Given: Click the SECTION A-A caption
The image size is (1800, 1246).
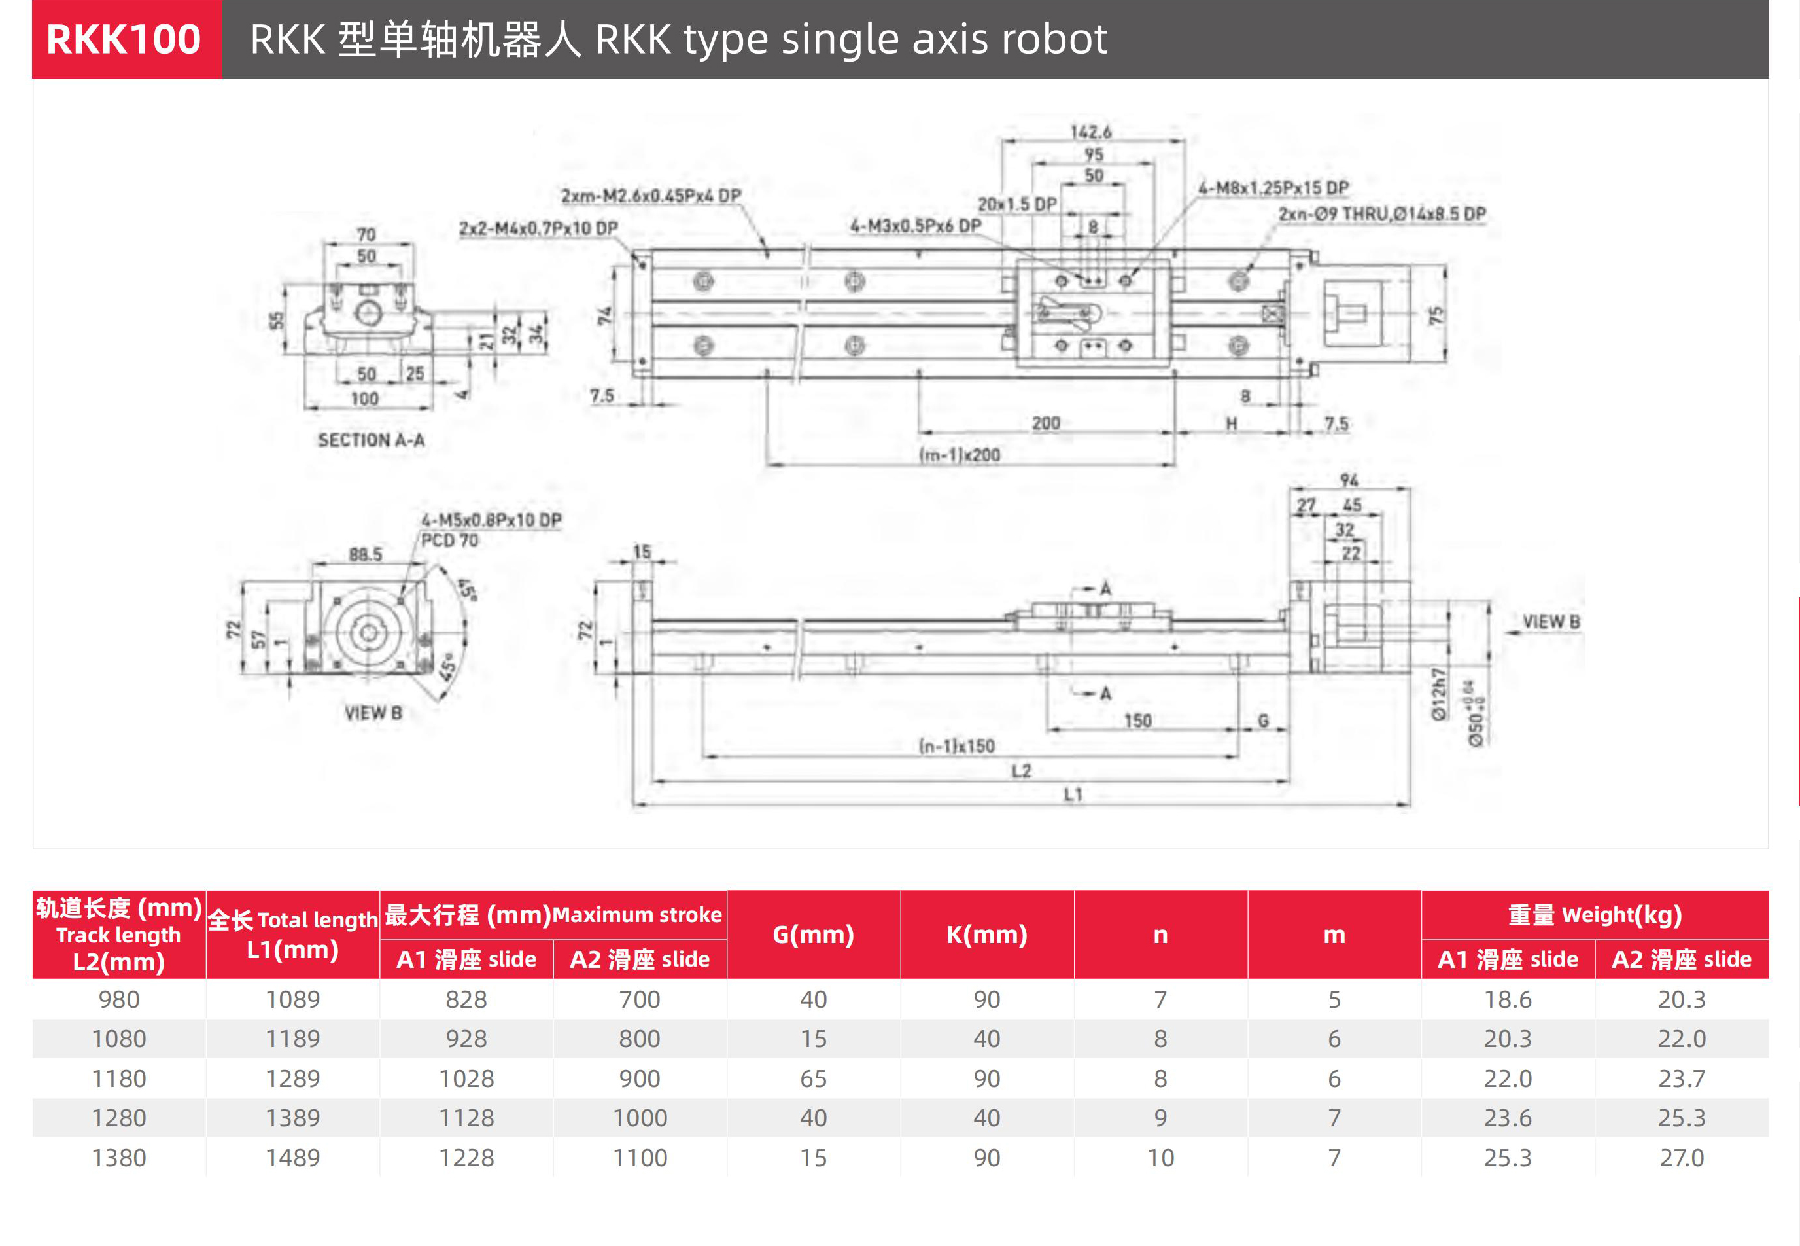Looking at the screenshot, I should coord(371,440).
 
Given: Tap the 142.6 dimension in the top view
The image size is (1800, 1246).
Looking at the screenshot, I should coord(1091,132).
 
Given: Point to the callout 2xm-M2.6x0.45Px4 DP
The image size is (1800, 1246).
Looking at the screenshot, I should coord(651,195).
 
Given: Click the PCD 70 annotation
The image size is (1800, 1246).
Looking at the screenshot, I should coord(449,541).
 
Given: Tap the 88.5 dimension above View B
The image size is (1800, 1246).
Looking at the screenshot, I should coord(365,554).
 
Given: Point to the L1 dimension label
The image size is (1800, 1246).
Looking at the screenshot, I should coord(1073,794).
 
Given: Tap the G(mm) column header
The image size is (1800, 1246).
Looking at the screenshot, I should coord(813,934).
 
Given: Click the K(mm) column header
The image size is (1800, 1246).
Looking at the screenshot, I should coord(987,934).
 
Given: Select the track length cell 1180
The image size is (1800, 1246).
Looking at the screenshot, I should coord(118,1078).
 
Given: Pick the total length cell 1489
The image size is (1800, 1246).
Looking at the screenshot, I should coord(292,1158).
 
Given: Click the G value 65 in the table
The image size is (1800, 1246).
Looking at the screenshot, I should coord(813,1078).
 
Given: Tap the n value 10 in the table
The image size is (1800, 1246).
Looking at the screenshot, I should coord(1160,1158).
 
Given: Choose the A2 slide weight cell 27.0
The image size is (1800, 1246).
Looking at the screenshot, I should coord(1682,1158).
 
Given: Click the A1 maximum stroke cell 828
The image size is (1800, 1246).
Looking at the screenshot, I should coord(466,999).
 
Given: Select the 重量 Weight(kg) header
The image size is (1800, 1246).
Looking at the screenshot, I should coord(1595,914).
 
